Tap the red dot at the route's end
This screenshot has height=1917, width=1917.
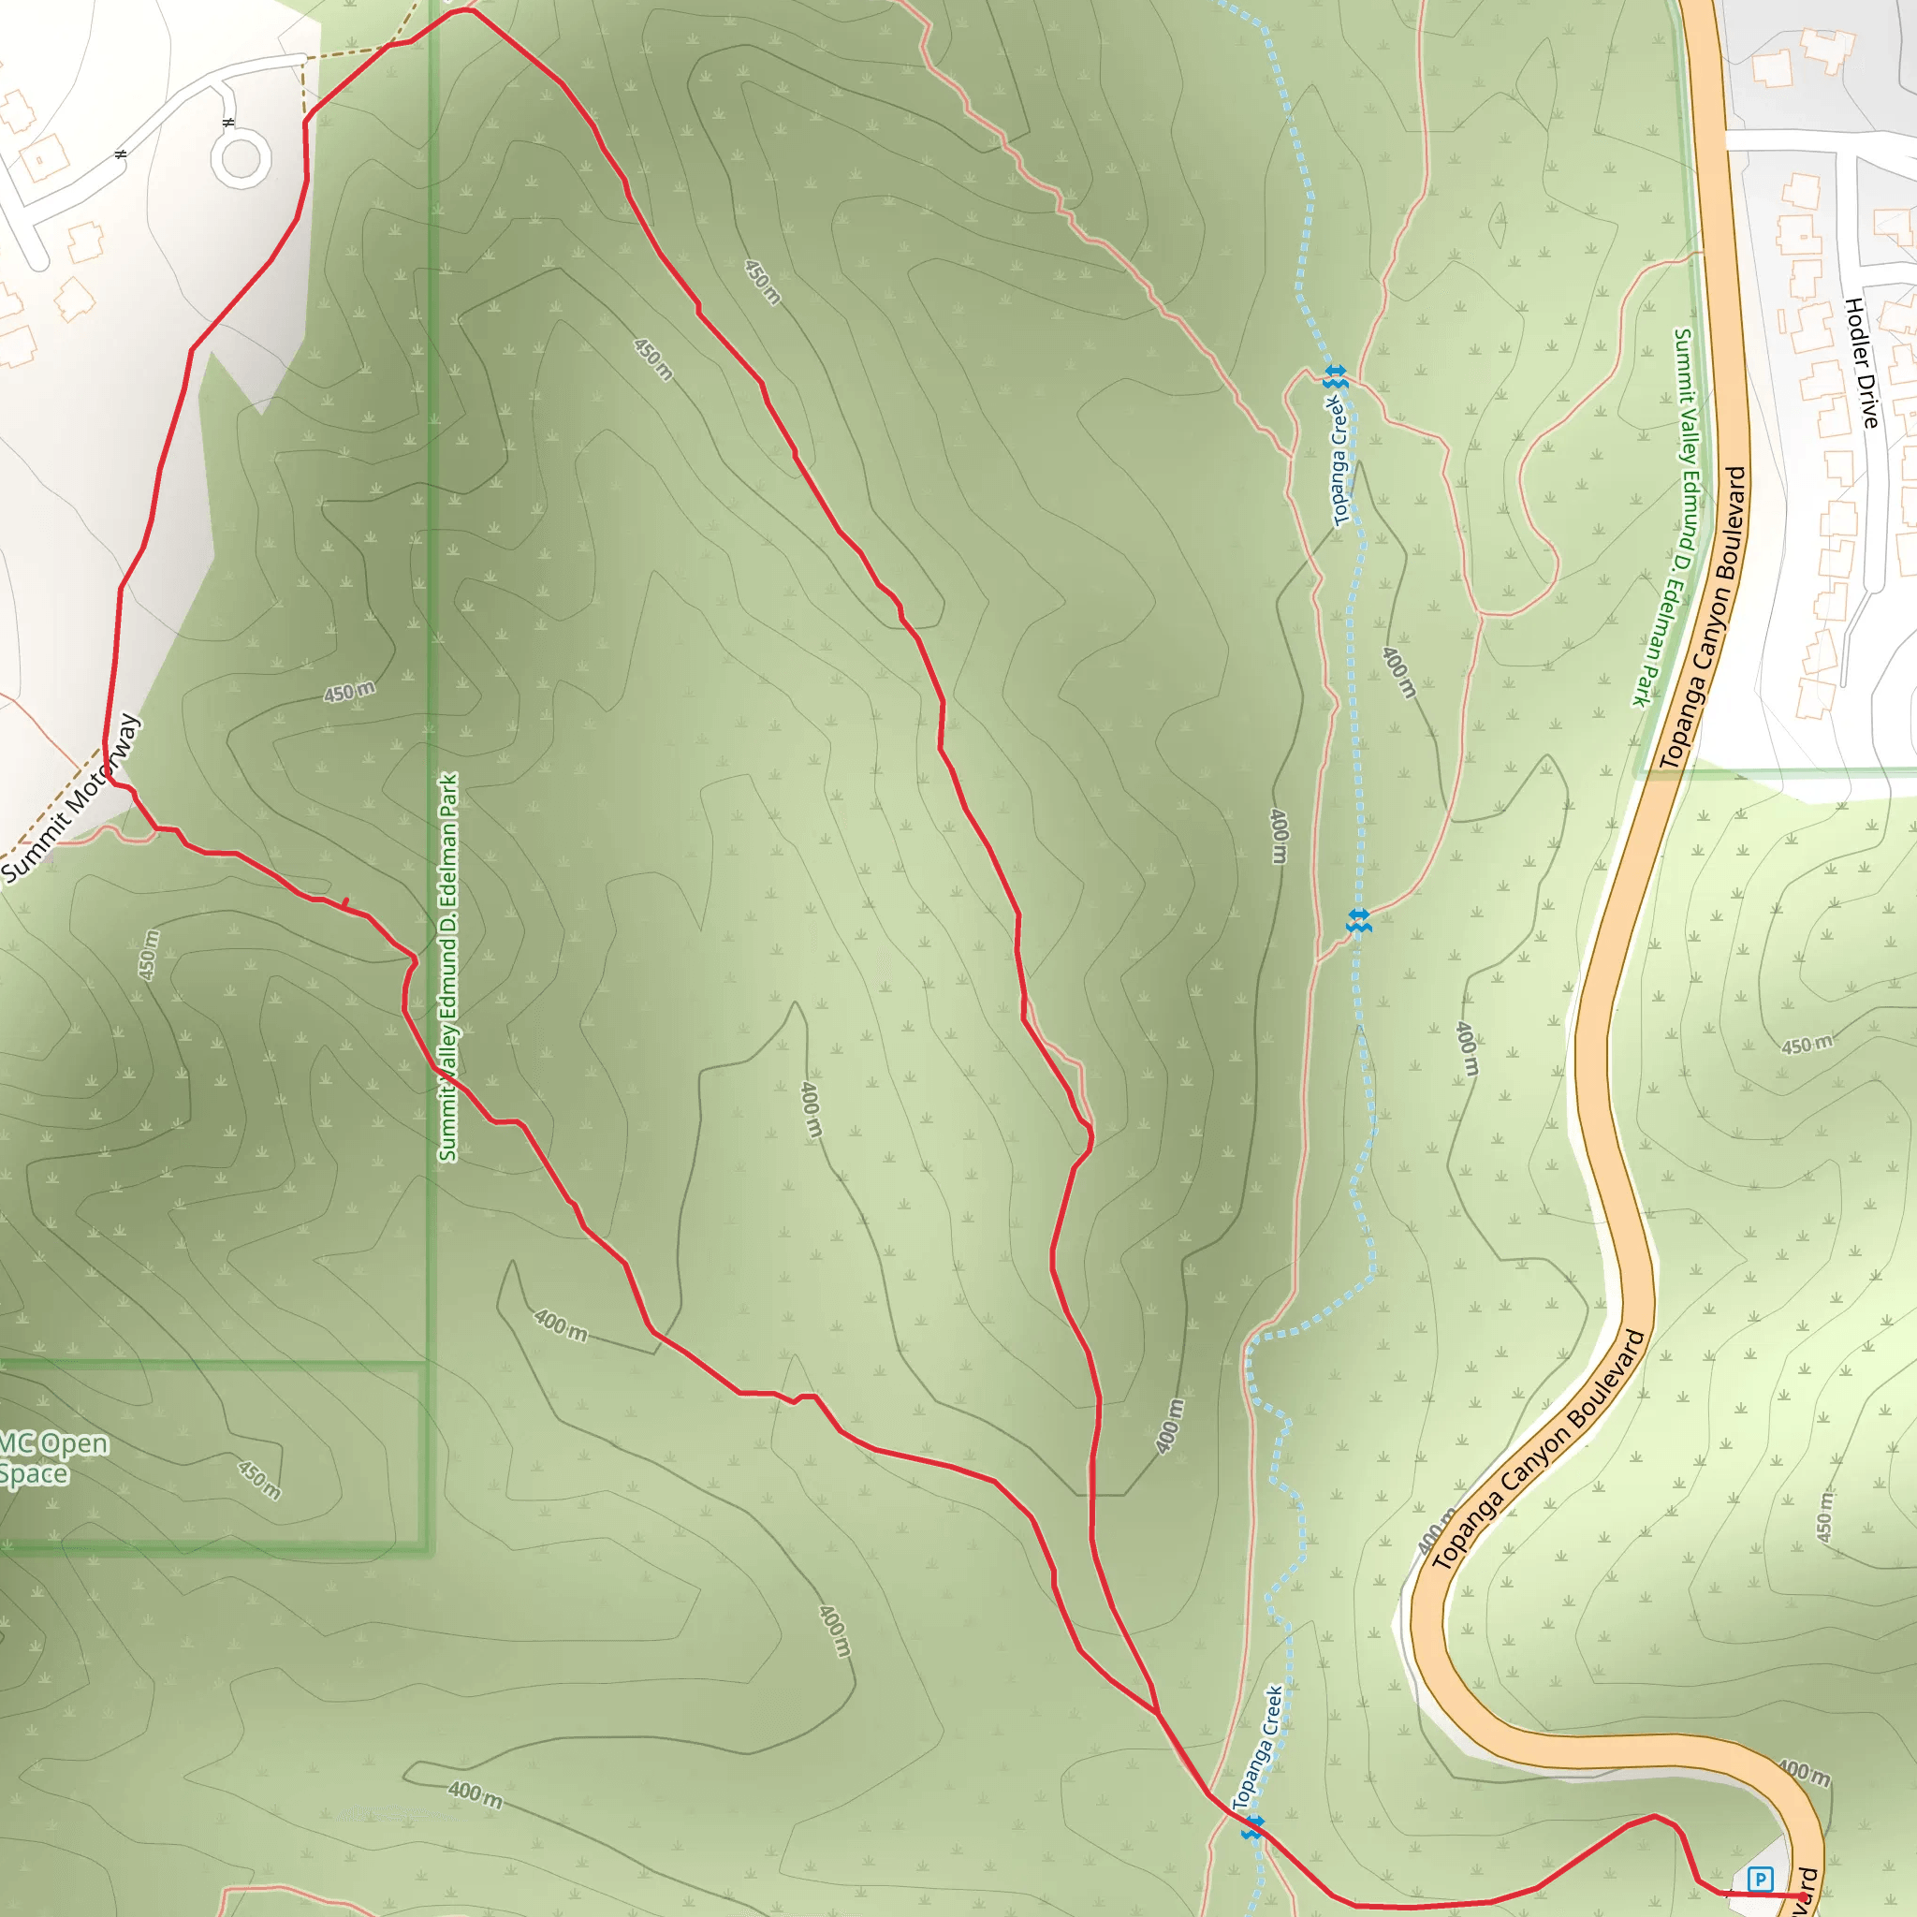[1803, 1897]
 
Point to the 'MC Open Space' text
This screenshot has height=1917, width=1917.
[50, 1458]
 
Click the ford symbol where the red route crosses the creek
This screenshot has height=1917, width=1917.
[1252, 1827]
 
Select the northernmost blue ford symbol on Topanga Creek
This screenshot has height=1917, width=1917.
[1336, 377]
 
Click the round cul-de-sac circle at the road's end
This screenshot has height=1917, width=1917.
[241, 159]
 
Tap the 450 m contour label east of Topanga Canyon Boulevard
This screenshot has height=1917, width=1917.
[1807, 1045]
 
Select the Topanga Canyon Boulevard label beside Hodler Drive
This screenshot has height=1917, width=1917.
[1704, 617]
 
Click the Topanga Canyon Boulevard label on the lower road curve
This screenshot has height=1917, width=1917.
[1539, 1450]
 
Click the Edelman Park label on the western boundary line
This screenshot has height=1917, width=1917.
[448, 968]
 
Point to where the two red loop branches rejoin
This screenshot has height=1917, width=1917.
[1157, 1712]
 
